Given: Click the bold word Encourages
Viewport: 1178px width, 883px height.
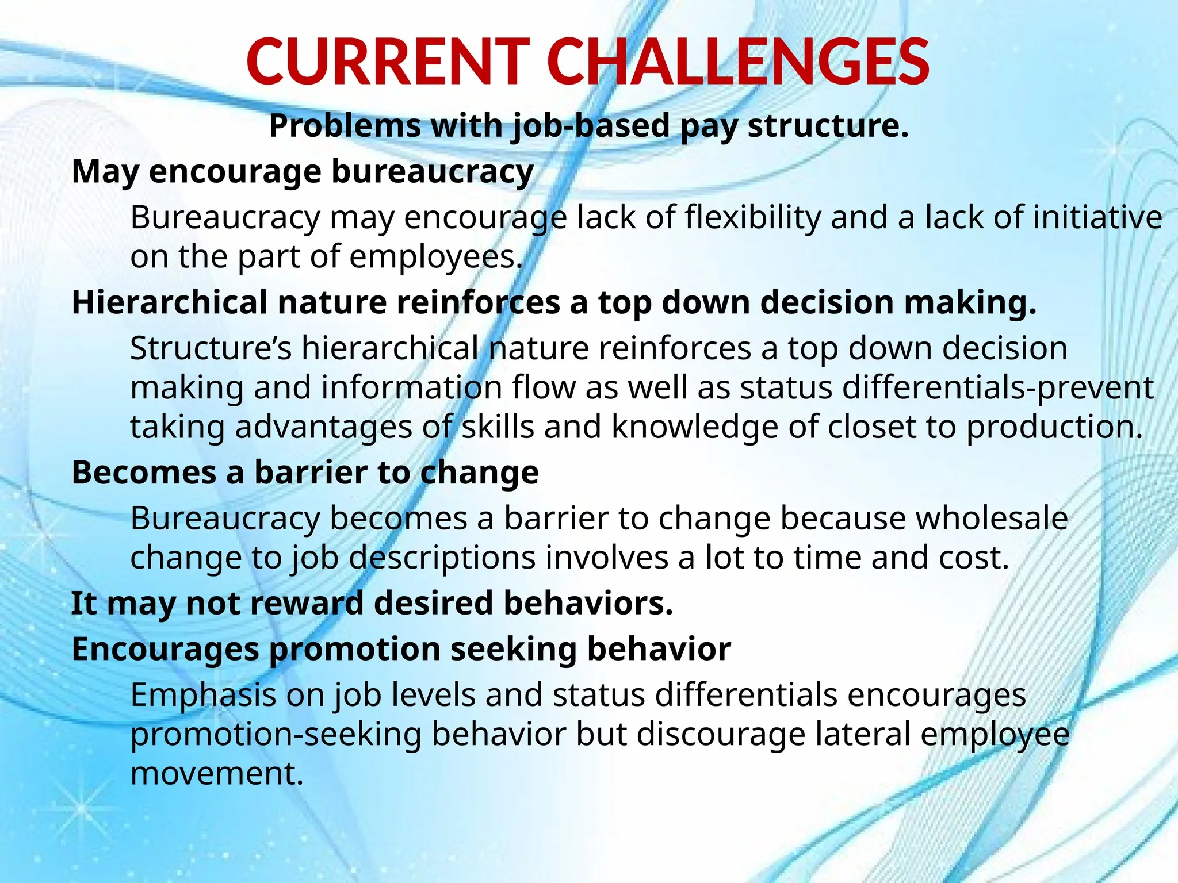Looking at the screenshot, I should click(x=165, y=650).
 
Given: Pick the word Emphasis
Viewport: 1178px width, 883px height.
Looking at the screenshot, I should click(x=204, y=695).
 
